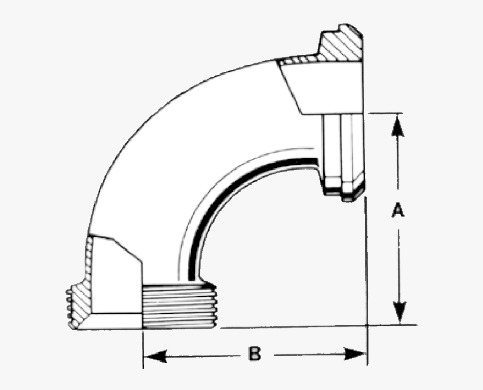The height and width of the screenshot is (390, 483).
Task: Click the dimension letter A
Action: coord(398,210)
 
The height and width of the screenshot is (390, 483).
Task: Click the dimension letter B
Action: coord(255,354)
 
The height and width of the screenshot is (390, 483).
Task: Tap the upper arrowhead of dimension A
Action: coord(398,125)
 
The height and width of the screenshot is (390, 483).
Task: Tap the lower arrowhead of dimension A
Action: coord(399,313)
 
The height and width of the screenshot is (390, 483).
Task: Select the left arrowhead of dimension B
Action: coord(155,356)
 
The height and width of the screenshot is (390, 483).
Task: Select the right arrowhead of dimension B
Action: coord(355,354)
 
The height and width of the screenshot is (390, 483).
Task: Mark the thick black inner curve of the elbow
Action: coord(234,197)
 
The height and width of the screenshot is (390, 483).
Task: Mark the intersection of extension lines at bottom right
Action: coord(367,326)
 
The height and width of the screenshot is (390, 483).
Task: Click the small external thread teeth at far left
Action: coord(69,308)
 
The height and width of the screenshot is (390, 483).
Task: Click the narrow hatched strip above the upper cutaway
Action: coord(299,60)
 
